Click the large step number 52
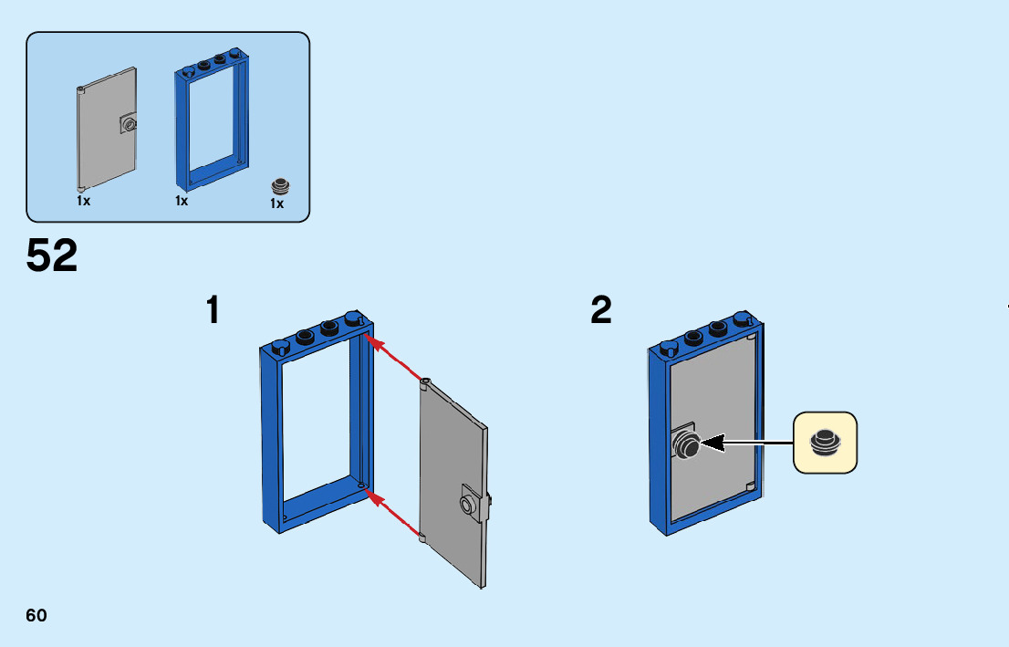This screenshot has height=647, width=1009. (x=52, y=256)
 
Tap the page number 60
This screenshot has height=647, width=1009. (x=36, y=615)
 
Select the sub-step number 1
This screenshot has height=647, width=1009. (x=213, y=310)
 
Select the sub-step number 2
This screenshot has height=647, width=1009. (x=601, y=310)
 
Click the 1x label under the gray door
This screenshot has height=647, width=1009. (x=83, y=200)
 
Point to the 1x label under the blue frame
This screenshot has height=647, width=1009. (x=182, y=200)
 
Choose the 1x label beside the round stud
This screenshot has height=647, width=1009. (x=277, y=204)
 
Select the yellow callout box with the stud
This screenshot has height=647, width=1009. (x=825, y=443)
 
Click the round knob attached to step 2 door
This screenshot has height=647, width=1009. (x=686, y=444)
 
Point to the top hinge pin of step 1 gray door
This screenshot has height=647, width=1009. (x=424, y=382)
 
